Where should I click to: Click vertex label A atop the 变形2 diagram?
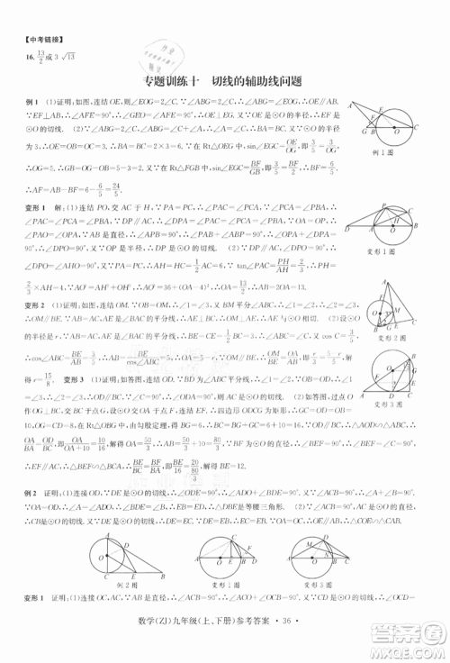coord(398,267)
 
